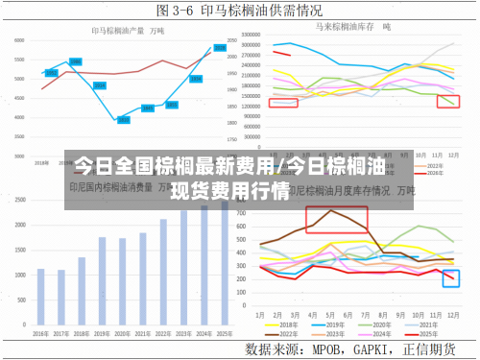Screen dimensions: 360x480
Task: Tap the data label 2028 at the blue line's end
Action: pyautogui.click(x=220, y=48)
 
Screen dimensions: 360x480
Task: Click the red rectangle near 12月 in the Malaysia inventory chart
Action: pyautogui.click(x=447, y=101)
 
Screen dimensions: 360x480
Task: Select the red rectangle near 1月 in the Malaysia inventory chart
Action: pyautogui.click(x=283, y=102)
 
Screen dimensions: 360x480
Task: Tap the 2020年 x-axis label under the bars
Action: pyautogui.click(x=123, y=333)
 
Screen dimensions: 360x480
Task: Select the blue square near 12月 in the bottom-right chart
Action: pyautogui.click(x=451, y=278)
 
